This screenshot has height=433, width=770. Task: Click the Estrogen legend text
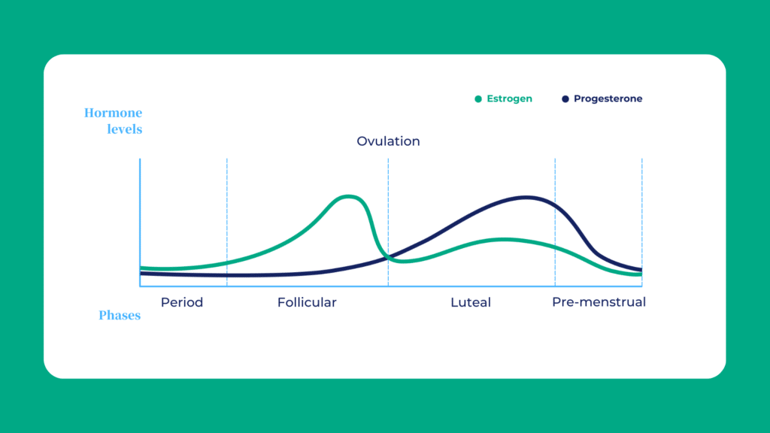point(509,98)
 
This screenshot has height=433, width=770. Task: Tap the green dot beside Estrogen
point(478,98)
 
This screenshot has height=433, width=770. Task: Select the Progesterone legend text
point(608,98)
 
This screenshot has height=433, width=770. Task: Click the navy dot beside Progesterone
point(565,98)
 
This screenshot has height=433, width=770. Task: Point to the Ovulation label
point(388,141)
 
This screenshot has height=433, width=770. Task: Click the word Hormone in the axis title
point(113,114)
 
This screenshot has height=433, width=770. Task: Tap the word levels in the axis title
point(123,129)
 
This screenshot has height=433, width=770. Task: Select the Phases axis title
point(120,315)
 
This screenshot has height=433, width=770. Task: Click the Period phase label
point(182,302)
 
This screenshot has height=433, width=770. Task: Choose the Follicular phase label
point(307,302)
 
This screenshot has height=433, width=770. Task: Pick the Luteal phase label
point(471,302)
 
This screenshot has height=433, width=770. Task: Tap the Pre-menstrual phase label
point(599,302)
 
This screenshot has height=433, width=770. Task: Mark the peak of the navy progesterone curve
point(526,198)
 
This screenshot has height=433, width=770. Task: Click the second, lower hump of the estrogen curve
point(502,240)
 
